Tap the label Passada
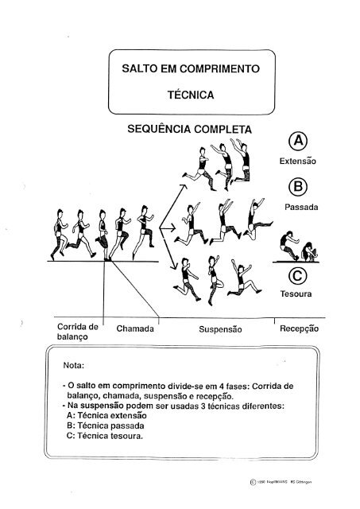(301, 207)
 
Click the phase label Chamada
(135, 328)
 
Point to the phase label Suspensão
(218, 328)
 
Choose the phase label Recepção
(299, 328)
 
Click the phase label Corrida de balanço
(76, 332)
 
